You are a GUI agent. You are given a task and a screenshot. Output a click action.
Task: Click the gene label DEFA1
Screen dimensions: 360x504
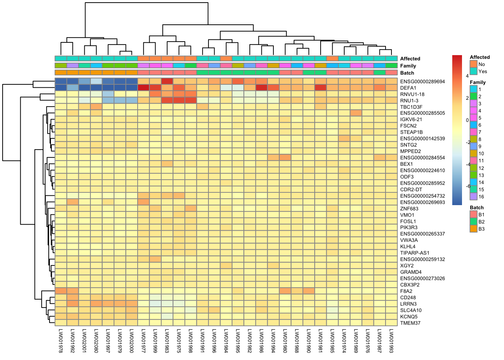coord(408,88)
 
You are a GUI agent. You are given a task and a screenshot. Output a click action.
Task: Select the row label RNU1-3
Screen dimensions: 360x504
coord(409,100)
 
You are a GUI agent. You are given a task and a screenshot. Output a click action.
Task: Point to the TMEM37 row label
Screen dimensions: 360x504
coord(410,323)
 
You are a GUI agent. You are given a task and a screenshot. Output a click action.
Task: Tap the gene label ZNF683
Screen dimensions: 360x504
coord(409,208)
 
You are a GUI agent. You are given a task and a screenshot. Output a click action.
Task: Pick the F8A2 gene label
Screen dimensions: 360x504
coord(406,291)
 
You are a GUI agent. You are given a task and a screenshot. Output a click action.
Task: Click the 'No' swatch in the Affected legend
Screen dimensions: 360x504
coord(473,64)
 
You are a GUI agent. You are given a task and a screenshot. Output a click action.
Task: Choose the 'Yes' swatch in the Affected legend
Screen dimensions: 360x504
coord(473,71)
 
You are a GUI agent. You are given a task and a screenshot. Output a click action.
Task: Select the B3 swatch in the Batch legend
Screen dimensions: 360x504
coord(473,229)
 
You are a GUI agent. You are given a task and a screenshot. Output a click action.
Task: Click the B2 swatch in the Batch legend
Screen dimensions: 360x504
coord(473,222)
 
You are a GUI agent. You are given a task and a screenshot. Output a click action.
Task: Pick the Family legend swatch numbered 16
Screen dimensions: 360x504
coord(473,196)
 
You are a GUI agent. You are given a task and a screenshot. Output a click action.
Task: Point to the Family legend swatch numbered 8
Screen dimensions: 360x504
coord(473,139)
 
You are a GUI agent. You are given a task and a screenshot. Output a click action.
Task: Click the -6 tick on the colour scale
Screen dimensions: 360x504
coord(468,186)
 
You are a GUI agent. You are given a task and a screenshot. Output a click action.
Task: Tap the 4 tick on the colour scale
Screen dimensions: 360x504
coord(467,76)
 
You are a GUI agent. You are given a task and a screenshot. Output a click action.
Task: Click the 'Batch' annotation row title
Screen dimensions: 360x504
coord(407,73)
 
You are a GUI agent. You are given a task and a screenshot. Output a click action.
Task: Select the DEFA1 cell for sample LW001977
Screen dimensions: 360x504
coord(144,88)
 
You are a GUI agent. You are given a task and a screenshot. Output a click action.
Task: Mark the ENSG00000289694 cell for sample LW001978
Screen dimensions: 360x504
coord(61,81)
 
